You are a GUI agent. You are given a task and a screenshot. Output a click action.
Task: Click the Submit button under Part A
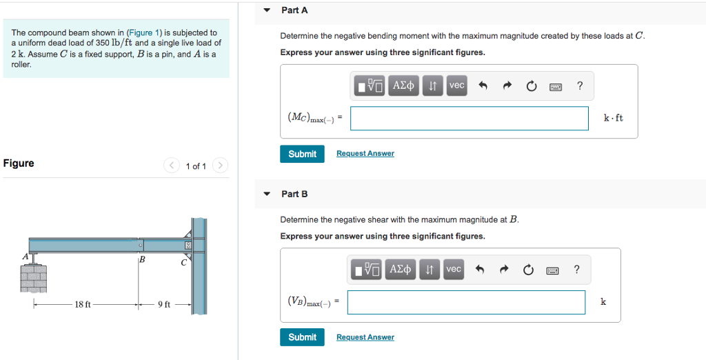pos(302,154)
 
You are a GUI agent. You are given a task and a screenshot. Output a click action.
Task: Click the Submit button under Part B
pos(302,337)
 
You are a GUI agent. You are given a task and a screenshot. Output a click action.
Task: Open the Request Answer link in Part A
pos(365,154)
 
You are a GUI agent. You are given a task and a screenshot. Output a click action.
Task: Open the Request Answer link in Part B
pos(365,337)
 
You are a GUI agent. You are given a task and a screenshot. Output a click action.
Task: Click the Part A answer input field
pos(469,118)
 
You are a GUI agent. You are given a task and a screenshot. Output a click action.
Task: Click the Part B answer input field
pos(466,302)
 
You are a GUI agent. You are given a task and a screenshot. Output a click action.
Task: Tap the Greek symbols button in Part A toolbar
pos(403,86)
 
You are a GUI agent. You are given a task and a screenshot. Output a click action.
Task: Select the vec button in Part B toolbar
pos(453,270)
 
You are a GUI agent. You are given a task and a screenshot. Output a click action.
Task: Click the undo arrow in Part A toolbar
pos(483,86)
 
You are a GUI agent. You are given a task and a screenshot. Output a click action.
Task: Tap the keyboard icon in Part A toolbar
pos(556,86)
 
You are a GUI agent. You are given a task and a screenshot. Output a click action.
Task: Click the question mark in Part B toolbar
pos(576,270)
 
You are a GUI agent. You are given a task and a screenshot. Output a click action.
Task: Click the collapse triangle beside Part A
pos(267,10)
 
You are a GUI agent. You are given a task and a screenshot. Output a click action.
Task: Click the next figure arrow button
pos(219,166)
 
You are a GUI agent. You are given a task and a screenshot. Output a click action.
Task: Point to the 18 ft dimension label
pos(83,304)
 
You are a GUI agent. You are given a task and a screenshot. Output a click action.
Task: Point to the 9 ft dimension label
pos(164,304)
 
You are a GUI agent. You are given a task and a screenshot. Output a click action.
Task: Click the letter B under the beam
pos(142,260)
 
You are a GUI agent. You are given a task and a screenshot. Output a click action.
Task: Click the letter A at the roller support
pos(26,256)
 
